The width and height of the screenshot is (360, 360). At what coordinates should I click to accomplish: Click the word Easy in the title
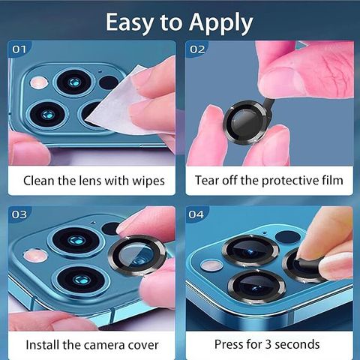point(129,22)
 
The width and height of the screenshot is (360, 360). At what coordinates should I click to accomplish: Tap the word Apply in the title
point(220,23)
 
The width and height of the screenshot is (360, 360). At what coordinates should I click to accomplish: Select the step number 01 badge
point(19,49)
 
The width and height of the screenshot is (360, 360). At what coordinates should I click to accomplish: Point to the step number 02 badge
point(197,49)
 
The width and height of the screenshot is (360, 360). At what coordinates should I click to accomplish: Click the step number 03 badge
point(19,214)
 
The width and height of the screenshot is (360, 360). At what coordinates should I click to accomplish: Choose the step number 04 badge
point(196,214)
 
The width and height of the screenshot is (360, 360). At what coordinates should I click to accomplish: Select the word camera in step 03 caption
point(101,346)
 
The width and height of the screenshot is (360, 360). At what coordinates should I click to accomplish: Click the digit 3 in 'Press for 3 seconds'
point(268,344)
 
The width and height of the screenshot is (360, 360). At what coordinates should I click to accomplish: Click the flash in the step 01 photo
point(39,82)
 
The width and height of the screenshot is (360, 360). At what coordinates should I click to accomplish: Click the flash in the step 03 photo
point(35,256)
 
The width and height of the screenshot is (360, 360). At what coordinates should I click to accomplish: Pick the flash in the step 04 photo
point(211,265)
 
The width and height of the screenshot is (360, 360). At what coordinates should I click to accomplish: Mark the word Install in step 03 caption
point(43,345)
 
